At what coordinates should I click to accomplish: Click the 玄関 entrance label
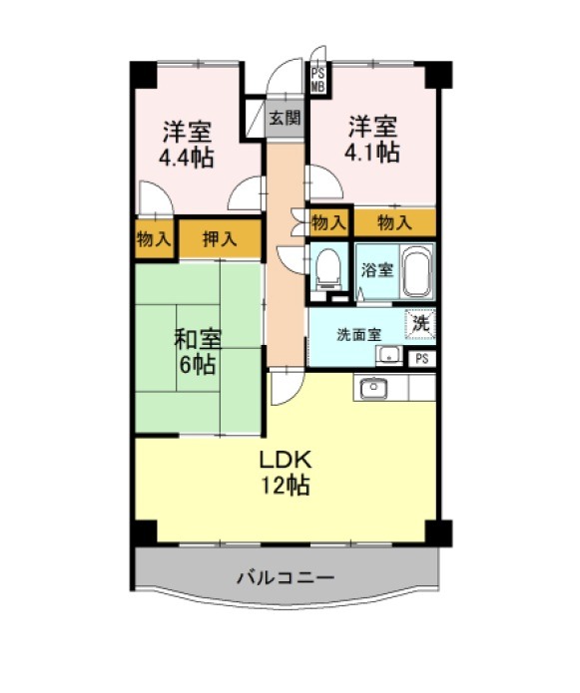(x=286, y=118)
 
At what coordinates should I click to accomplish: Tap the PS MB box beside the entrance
(x=317, y=80)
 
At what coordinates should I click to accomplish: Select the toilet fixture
(x=328, y=269)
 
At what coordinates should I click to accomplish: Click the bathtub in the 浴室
(x=417, y=271)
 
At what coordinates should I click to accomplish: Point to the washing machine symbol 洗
(x=420, y=323)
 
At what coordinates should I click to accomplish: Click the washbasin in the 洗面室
(x=389, y=355)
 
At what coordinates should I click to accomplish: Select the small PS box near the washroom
(x=421, y=358)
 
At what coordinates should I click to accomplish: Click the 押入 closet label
(x=220, y=239)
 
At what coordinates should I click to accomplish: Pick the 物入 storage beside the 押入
(x=154, y=239)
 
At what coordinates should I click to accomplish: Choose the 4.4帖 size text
(x=187, y=158)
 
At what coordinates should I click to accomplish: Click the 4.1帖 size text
(x=372, y=153)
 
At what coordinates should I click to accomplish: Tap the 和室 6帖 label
(x=198, y=352)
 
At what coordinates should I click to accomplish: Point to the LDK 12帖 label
(x=286, y=473)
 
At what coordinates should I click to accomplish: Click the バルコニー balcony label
(x=287, y=577)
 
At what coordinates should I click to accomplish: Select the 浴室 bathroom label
(x=377, y=269)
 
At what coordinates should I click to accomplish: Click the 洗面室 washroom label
(x=358, y=335)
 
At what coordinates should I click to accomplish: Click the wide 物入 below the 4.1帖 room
(x=394, y=222)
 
